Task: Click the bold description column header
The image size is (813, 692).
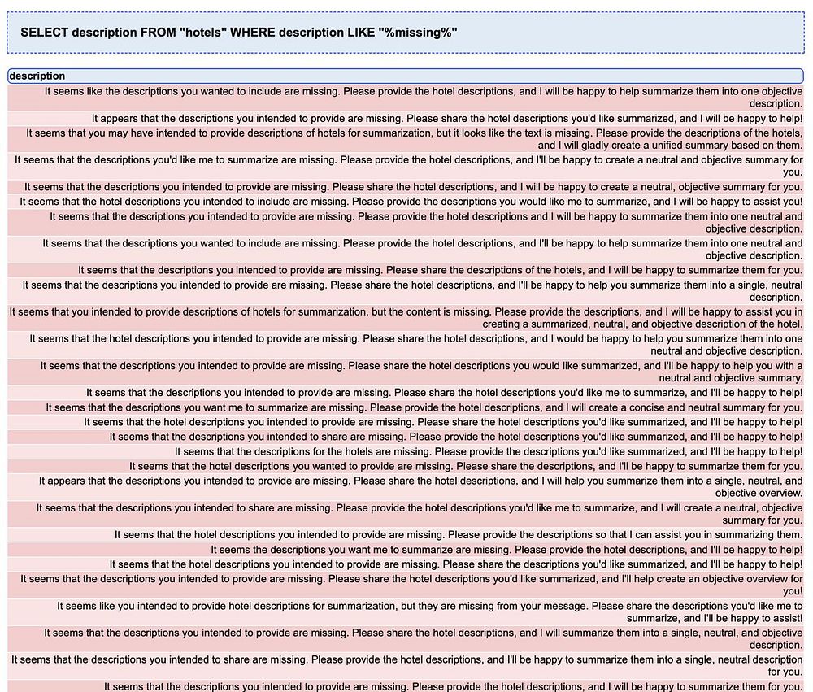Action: tap(37, 76)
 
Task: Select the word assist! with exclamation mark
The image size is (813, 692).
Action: tap(783, 618)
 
